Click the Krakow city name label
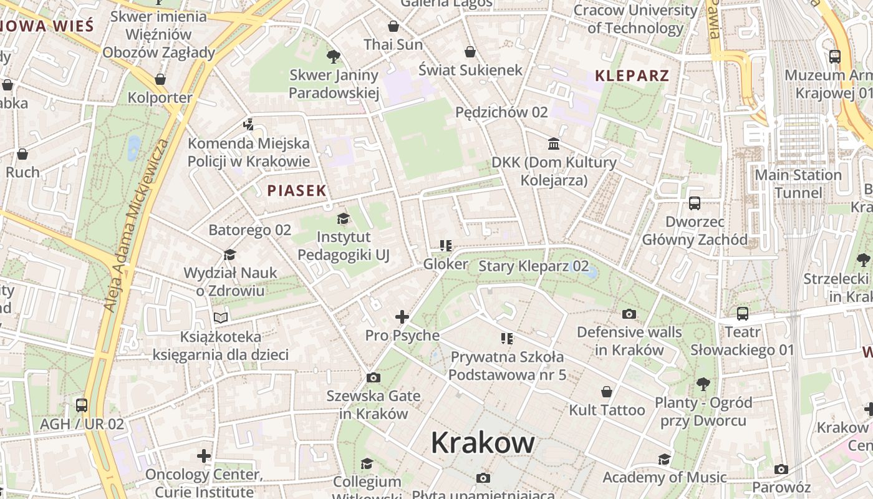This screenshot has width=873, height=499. [483, 443]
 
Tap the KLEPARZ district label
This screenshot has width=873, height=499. [632, 76]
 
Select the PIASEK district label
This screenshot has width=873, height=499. [297, 191]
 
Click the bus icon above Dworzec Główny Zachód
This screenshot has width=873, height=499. [695, 203]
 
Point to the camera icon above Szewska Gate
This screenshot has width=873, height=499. [374, 377]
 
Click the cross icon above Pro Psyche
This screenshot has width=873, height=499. [402, 317]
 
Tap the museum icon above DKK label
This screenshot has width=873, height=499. [553, 144]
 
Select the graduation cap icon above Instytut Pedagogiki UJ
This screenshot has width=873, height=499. [343, 218]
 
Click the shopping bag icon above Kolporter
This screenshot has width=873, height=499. [160, 79]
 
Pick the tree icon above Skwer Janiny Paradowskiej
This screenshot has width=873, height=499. [334, 57]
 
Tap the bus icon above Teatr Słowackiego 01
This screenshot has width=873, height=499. [742, 314]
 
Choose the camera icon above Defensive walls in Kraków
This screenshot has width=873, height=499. [629, 314]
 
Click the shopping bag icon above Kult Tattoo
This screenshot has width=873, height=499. [606, 392]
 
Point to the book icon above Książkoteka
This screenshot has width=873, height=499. [221, 318]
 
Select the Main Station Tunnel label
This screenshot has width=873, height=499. [798, 183]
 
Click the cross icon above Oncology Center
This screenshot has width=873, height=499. [204, 456]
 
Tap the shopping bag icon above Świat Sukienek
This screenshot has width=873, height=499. [470, 52]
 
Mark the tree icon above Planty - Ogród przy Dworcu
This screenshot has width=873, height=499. [703, 384]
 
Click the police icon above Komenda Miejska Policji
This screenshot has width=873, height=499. [249, 125]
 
